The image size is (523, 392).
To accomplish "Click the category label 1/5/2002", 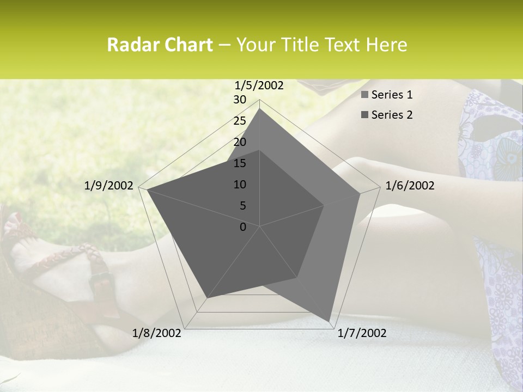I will pyautogui.click(x=259, y=85).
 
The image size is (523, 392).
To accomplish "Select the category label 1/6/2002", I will pyautogui.click(x=410, y=186).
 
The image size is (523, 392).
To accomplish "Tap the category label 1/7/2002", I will pyautogui.click(x=362, y=333).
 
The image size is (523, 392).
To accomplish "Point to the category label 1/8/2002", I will pyautogui.click(x=157, y=333).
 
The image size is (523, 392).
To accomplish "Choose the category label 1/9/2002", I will pyautogui.click(x=109, y=186).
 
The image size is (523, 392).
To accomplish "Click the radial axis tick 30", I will pyautogui.click(x=240, y=100).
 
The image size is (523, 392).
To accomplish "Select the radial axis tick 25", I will pyautogui.click(x=240, y=121).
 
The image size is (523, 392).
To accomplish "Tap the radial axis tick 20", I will pyautogui.click(x=240, y=142).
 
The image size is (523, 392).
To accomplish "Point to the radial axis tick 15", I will pyautogui.click(x=240, y=163).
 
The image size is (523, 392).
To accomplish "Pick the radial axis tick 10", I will pyautogui.click(x=240, y=185).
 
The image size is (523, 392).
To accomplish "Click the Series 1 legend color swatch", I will pyautogui.click(x=365, y=95).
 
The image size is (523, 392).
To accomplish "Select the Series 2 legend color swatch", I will pyautogui.click(x=365, y=115).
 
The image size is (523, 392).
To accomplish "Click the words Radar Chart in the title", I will pyautogui.click(x=160, y=45).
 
